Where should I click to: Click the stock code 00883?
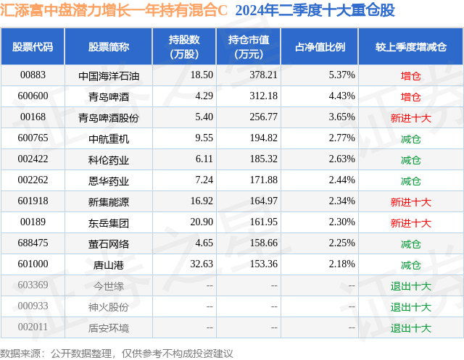33,75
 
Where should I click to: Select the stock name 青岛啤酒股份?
109,118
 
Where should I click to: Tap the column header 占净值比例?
320,47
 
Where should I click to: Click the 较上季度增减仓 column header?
411,47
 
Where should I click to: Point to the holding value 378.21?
263,75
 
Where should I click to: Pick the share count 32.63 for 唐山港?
202,264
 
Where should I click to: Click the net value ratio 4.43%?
341,96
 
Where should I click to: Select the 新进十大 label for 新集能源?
411,202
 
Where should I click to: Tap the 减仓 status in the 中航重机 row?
411,139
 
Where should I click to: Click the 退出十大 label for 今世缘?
411,286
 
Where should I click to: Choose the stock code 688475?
33,243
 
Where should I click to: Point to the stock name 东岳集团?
109,223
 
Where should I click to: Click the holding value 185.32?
264,159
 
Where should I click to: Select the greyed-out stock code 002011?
33,327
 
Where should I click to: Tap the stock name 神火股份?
109,307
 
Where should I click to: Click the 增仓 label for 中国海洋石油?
411,76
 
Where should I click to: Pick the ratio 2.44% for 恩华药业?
341,180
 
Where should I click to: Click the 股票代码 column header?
33,47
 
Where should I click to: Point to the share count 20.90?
202,222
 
